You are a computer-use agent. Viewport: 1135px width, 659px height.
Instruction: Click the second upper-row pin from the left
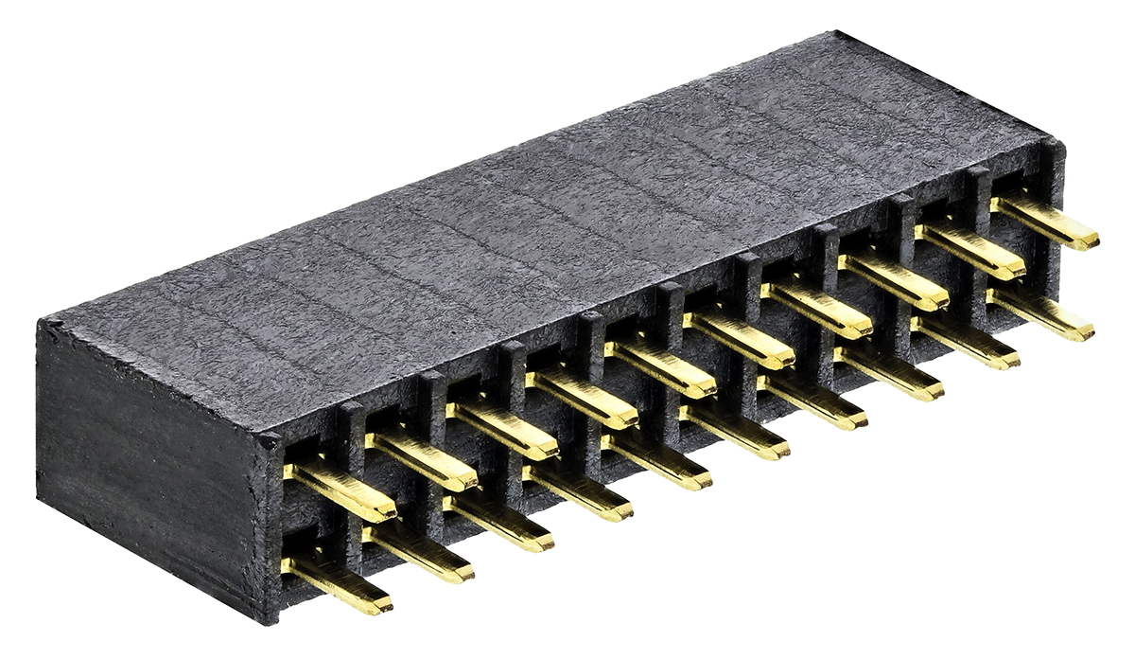422,459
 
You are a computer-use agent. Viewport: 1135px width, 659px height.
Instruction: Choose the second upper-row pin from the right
970,250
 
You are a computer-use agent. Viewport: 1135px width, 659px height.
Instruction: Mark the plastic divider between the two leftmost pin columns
352,445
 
